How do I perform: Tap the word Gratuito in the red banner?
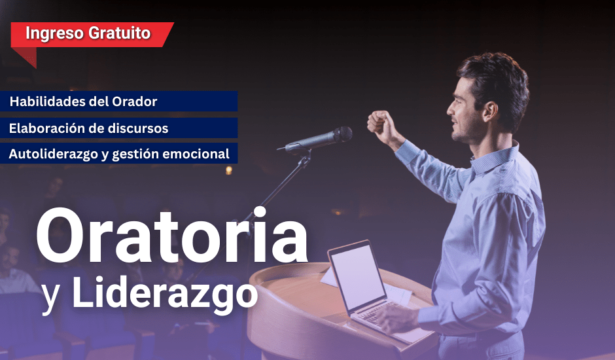click(119, 33)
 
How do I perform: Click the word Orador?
click(135, 101)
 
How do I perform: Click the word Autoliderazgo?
click(54, 154)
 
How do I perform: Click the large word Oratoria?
click(172, 236)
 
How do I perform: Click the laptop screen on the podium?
click(357, 276)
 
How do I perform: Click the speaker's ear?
click(490, 111)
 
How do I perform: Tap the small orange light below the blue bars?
click(229, 170)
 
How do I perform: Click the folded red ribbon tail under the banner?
click(25, 56)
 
